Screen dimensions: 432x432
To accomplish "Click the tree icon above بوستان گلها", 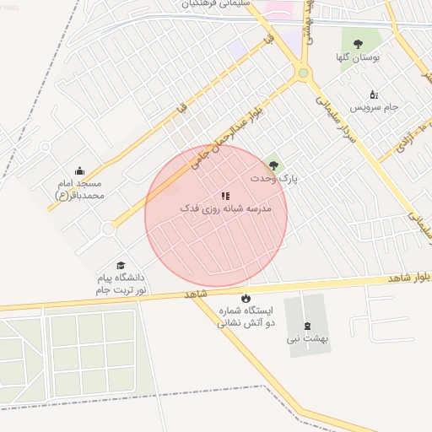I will pyautogui.click(x=358, y=44).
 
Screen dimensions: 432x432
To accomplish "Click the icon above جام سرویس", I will pyautogui.click(x=374, y=94).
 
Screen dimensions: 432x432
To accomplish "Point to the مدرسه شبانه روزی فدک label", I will pyautogui.click(x=225, y=208).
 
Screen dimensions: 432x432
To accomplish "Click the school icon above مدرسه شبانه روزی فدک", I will pyautogui.click(x=225, y=196).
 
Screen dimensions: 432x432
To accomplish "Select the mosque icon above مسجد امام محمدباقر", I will pyautogui.click(x=80, y=170).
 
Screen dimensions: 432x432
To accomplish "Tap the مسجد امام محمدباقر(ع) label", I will pyautogui.click(x=78, y=189).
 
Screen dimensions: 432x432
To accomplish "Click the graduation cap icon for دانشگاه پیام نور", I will pyautogui.click(x=120, y=265).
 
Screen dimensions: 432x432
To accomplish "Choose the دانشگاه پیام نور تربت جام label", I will pyautogui.click(x=119, y=283).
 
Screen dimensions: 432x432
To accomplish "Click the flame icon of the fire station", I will pyautogui.click(x=246, y=298).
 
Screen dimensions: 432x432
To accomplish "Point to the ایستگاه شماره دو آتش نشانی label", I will pyautogui.click(x=245, y=316).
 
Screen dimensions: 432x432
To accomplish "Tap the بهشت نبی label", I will pyautogui.click(x=306, y=339).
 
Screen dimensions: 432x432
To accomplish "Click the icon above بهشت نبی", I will pyautogui.click(x=305, y=326).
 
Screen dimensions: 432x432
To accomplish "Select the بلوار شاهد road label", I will pyautogui.click(x=408, y=277).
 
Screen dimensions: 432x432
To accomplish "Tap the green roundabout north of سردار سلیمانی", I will pyautogui.click(x=303, y=73).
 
